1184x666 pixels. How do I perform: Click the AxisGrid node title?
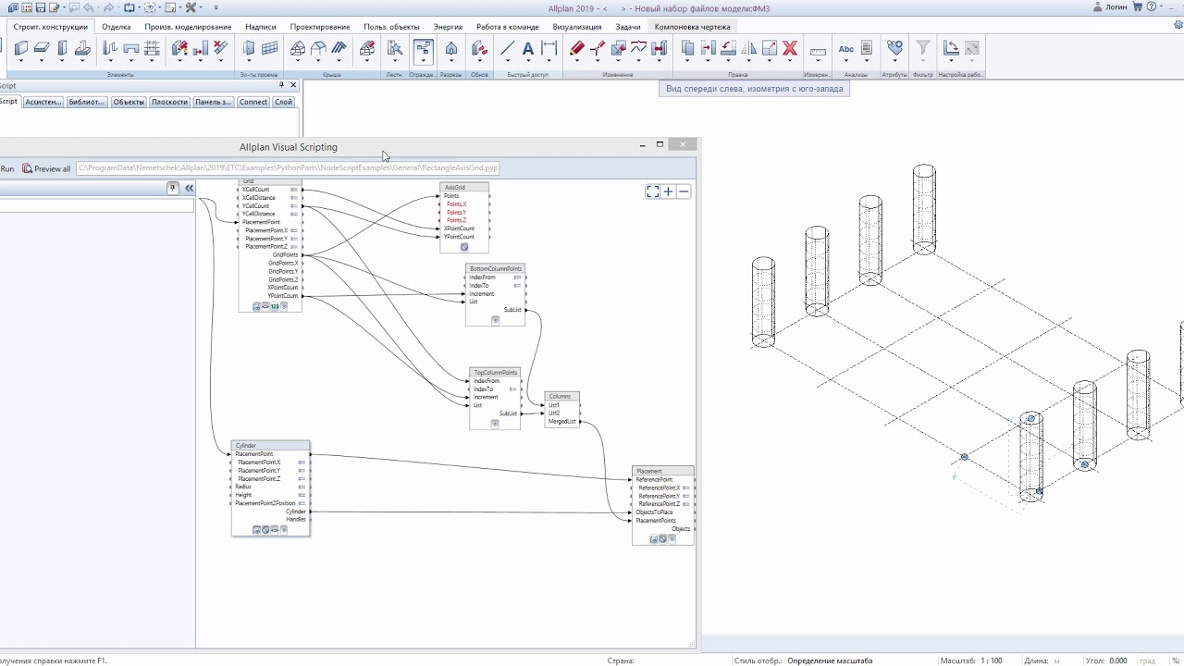click(455, 188)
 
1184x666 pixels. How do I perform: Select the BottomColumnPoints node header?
click(495, 269)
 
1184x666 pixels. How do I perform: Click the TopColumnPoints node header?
click(495, 373)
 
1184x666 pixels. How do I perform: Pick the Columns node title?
click(561, 396)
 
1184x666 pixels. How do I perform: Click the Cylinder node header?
click(246, 446)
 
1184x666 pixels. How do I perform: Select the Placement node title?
click(649, 472)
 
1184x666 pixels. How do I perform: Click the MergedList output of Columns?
click(561, 422)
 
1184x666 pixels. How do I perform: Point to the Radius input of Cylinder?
click(243, 487)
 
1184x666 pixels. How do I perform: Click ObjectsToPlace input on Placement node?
click(654, 512)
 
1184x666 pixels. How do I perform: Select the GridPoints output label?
click(285, 255)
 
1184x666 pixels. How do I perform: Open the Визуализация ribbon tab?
click(576, 27)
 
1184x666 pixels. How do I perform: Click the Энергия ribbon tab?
click(448, 27)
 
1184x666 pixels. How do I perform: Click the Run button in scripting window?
click(7, 169)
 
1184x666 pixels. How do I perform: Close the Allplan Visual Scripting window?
click(683, 145)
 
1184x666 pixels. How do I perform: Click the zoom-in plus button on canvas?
click(668, 191)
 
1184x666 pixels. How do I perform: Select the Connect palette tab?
click(253, 103)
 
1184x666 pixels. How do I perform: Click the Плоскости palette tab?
click(169, 103)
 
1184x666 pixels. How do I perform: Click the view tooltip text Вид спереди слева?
click(754, 89)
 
